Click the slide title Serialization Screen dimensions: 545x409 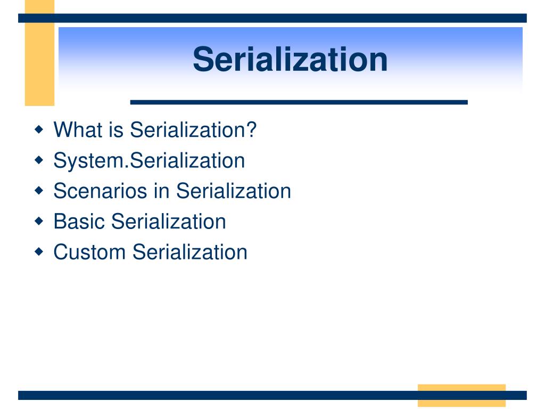[x=290, y=60]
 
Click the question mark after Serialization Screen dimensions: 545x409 [x=252, y=130]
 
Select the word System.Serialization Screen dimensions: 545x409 [x=149, y=161]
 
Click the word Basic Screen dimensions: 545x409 [x=79, y=222]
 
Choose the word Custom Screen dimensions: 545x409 [x=89, y=252]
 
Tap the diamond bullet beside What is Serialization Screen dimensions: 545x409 [x=39, y=130]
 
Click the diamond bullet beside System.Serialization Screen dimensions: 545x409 [x=39, y=160]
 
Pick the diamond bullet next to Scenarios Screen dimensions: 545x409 [x=39, y=191]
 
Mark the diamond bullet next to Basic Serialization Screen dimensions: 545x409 [x=39, y=221]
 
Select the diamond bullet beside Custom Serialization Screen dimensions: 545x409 [x=39, y=251]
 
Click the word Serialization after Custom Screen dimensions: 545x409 [x=190, y=252]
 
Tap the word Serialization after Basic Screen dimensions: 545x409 [x=169, y=222]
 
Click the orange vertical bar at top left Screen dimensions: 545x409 [x=39, y=53]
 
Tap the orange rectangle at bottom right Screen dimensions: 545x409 [x=461, y=396]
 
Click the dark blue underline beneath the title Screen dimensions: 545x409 [x=299, y=102]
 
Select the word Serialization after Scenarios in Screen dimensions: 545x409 [x=234, y=191]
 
